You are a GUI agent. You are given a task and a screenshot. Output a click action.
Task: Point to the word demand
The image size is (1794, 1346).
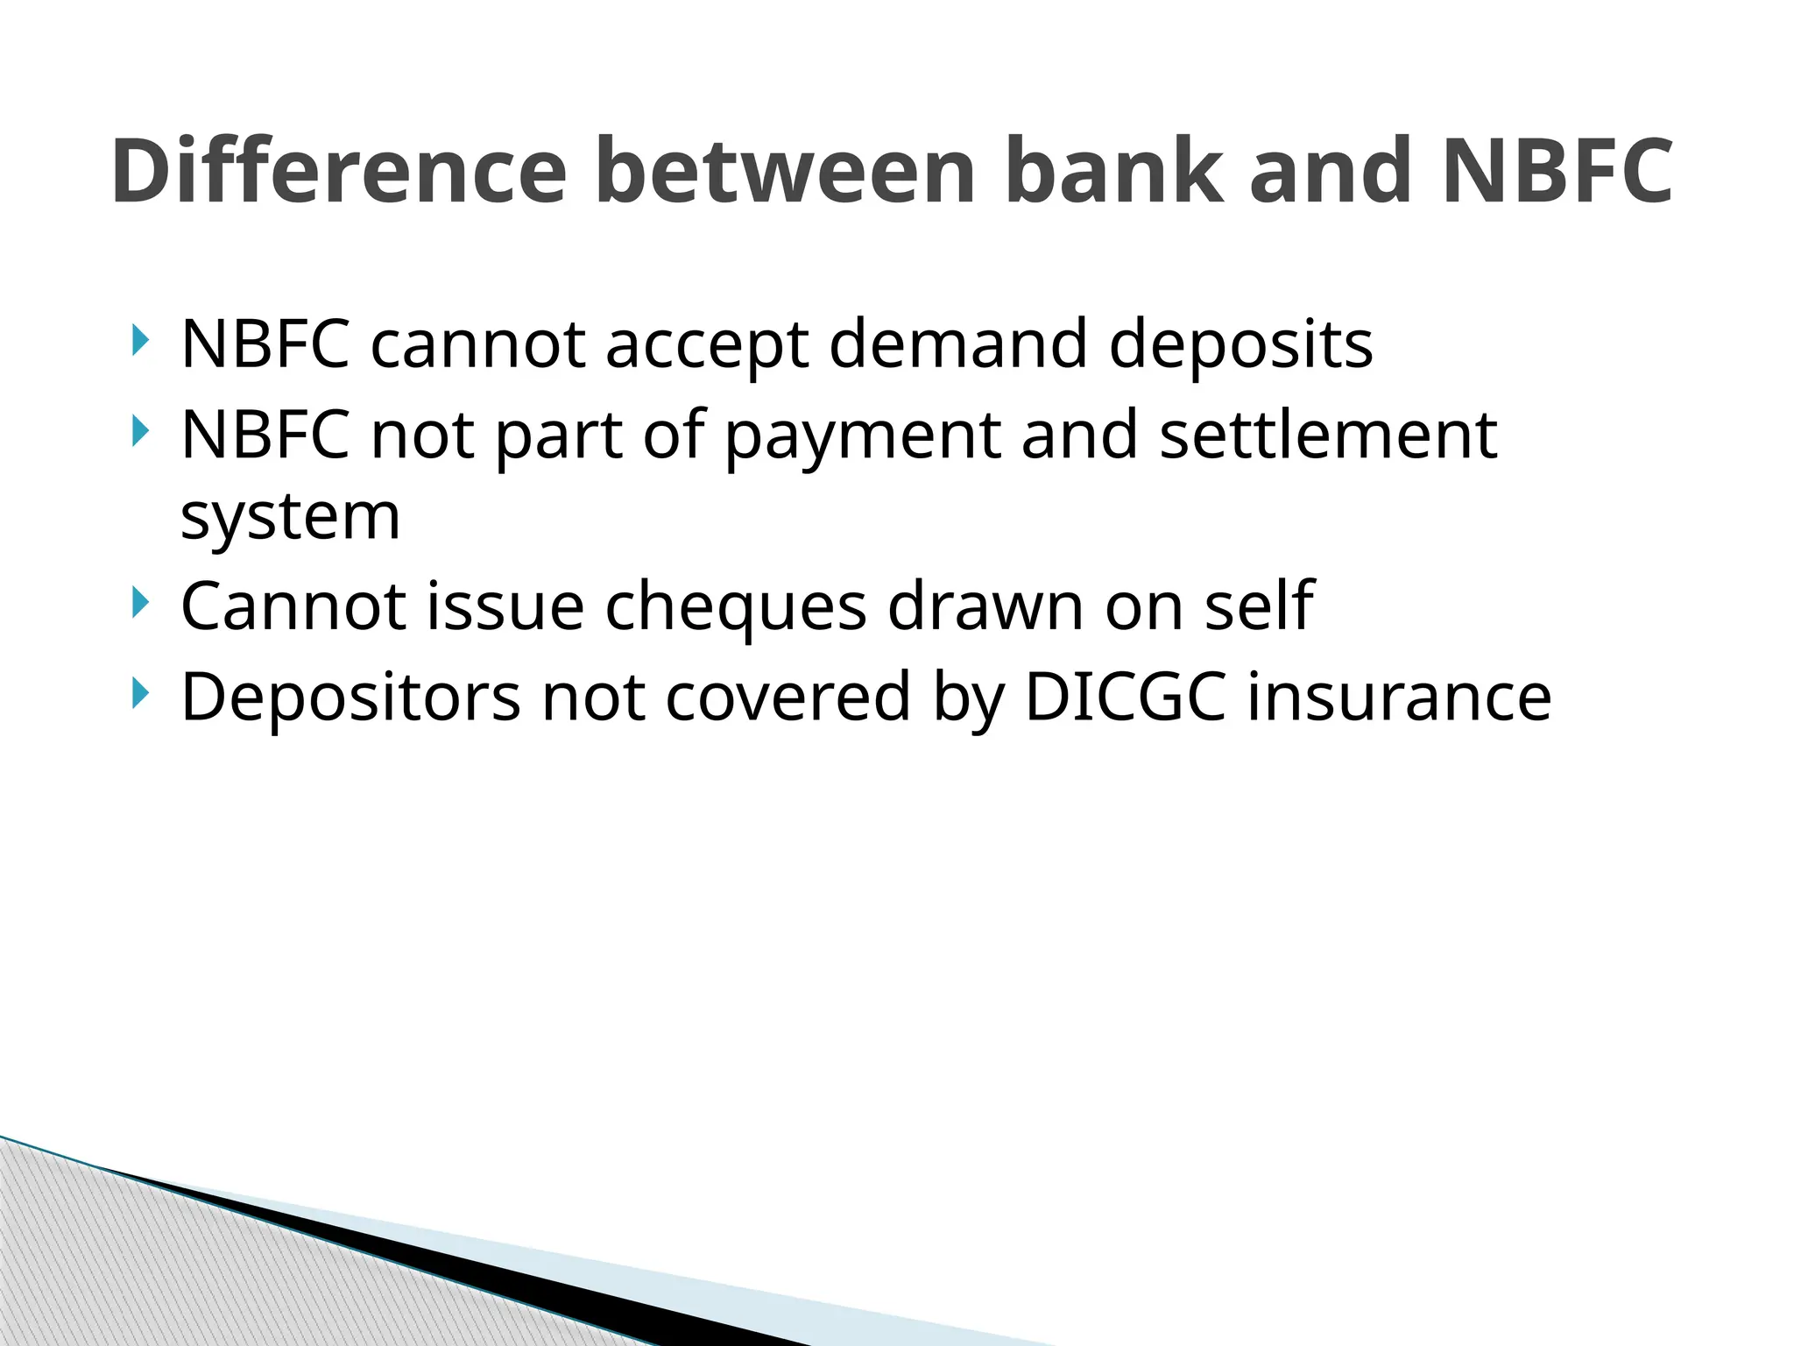[x=958, y=344]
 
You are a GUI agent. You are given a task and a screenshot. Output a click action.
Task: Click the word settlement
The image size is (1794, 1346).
[x=1328, y=435]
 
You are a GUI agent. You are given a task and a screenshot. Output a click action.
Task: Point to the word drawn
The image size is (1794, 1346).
[x=985, y=606]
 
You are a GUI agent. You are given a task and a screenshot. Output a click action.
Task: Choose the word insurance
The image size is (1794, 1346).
[x=1399, y=697]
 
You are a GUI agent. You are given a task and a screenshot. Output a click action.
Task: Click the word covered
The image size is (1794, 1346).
[x=788, y=697]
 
